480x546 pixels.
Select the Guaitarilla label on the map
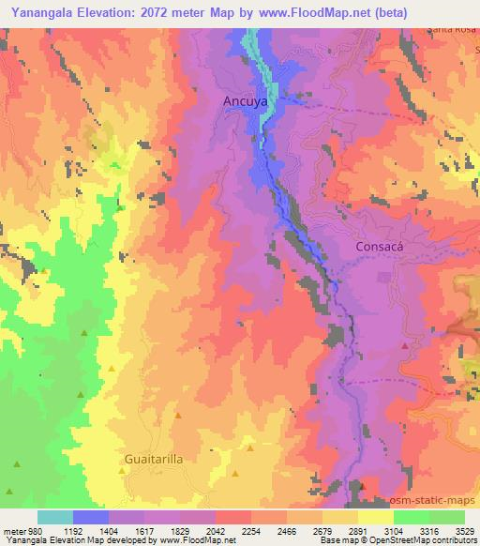pos(154,460)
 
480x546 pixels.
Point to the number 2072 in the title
pos(161,12)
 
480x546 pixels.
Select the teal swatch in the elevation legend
pos(55,517)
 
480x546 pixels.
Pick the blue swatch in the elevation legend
pos(91,517)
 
